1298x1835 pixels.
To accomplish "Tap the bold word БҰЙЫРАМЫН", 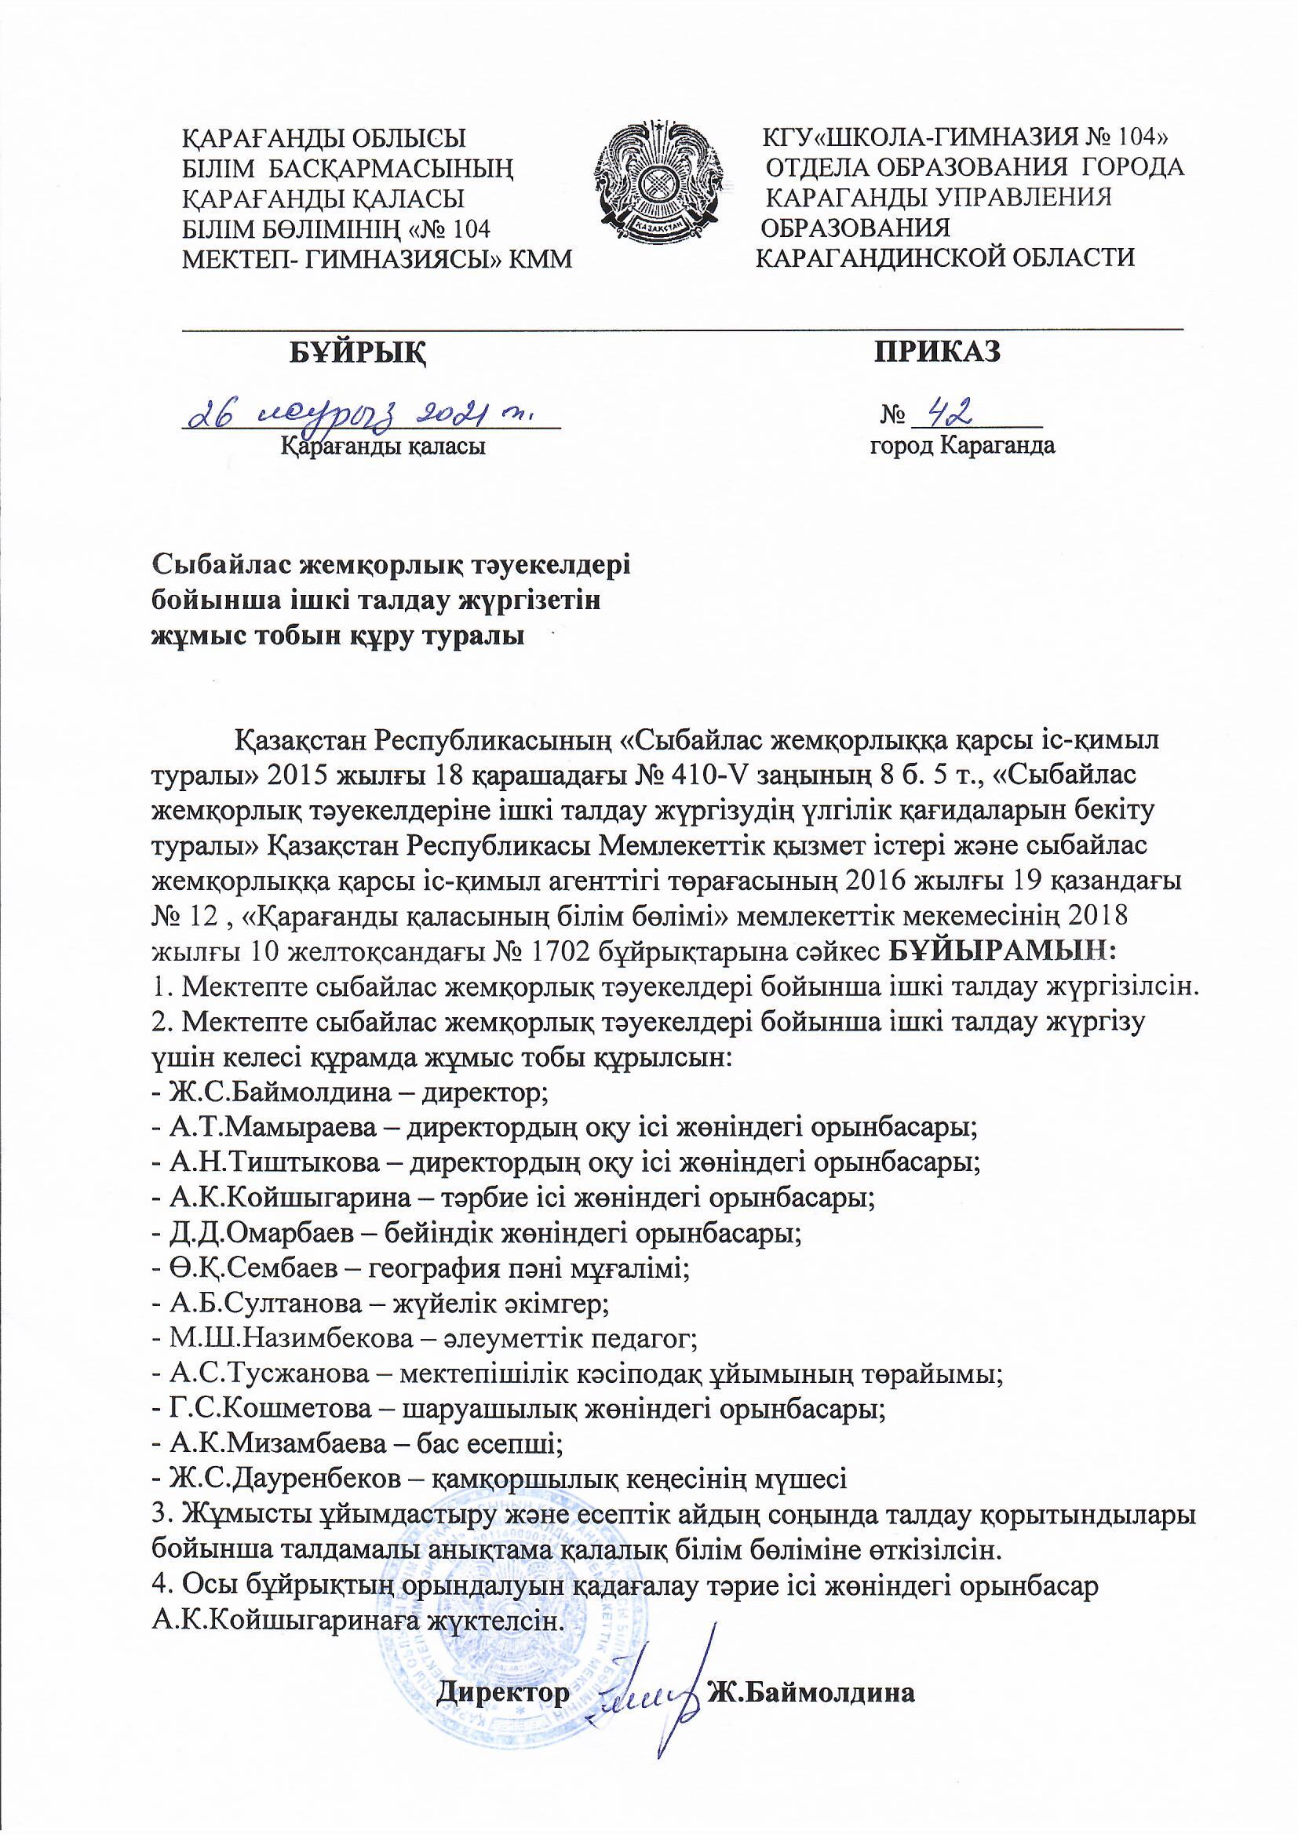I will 1004,952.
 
